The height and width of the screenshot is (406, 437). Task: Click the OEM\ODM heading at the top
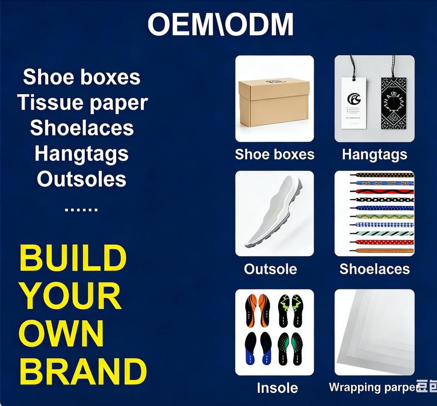click(x=220, y=24)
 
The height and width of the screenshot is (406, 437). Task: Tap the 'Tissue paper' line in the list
click(x=82, y=103)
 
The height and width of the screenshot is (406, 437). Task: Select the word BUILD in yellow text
click(x=73, y=258)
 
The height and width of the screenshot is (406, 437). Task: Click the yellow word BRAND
click(x=83, y=371)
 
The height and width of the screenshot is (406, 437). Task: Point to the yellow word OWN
click(x=61, y=334)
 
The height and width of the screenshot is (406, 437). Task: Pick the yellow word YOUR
click(x=71, y=296)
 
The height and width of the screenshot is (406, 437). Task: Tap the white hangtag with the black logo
click(x=354, y=103)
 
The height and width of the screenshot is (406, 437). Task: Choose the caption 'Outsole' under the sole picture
click(x=270, y=269)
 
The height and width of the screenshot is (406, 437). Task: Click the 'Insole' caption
click(x=277, y=388)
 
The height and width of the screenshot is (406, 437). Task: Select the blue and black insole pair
click(x=258, y=349)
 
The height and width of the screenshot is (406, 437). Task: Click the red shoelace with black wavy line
click(x=381, y=192)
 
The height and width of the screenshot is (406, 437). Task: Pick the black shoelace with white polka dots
click(x=381, y=200)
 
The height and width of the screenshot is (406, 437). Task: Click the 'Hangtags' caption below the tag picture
click(x=375, y=155)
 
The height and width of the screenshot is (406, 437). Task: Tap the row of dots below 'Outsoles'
click(x=81, y=209)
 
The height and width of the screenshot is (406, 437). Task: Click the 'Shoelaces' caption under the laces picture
click(x=375, y=269)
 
